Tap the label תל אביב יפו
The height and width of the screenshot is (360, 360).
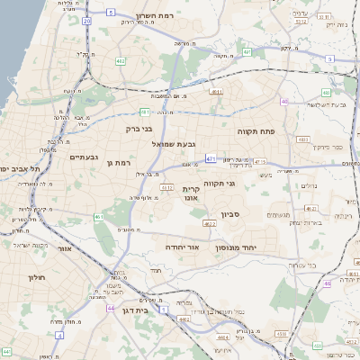tap(20, 168)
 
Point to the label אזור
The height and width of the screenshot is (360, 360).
tap(63, 247)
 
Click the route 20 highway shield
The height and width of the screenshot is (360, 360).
tap(85, 20)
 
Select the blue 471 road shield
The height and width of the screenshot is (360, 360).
tap(211, 159)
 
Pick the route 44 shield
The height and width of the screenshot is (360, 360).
tap(110, 308)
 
